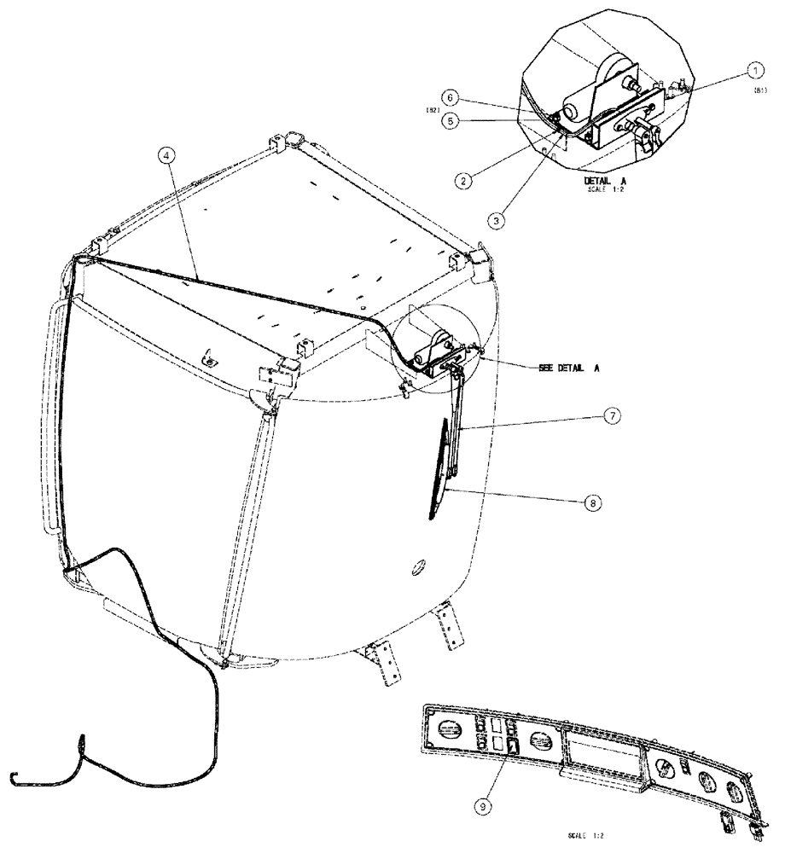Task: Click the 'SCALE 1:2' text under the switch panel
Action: pyautogui.click(x=584, y=838)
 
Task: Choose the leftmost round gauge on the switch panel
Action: pyautogui.click(x=447, y=730)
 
